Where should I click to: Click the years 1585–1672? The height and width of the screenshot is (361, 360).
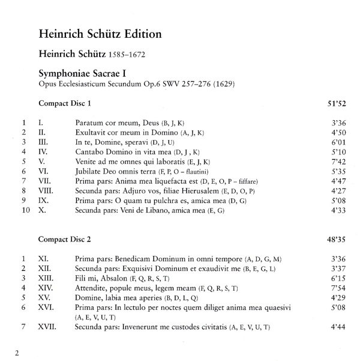tap(127, 56)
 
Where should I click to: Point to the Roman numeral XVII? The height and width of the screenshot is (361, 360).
tap(47, 327)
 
